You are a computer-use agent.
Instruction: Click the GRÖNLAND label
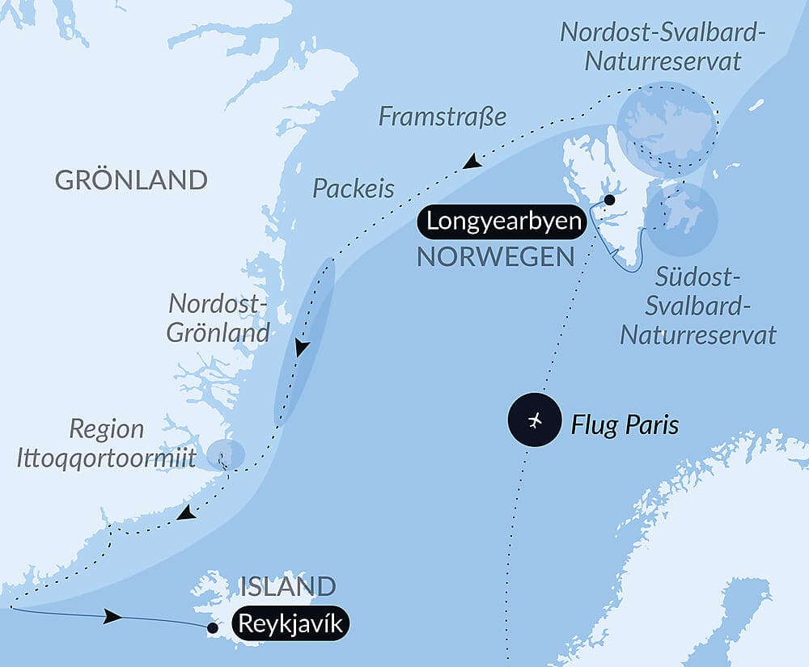[131, 179]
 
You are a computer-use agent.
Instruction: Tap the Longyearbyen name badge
[503, 222]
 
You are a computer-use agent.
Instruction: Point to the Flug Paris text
[625, 424]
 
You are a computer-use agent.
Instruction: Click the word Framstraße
[442, 117]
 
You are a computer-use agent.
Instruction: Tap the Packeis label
[354, 188]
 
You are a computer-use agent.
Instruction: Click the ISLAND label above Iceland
[287, 586]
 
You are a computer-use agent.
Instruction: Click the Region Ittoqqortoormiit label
[107, 444]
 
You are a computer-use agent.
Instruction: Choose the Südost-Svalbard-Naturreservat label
[697, 306]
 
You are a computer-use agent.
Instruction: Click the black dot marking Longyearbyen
[609, 200]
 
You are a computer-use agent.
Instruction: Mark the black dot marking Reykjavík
[212, 627]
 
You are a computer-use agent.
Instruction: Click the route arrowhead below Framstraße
[472, 163]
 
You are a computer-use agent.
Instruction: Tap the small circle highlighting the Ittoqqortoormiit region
[224, 454]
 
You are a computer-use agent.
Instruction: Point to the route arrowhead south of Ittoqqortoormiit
[186, 513]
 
